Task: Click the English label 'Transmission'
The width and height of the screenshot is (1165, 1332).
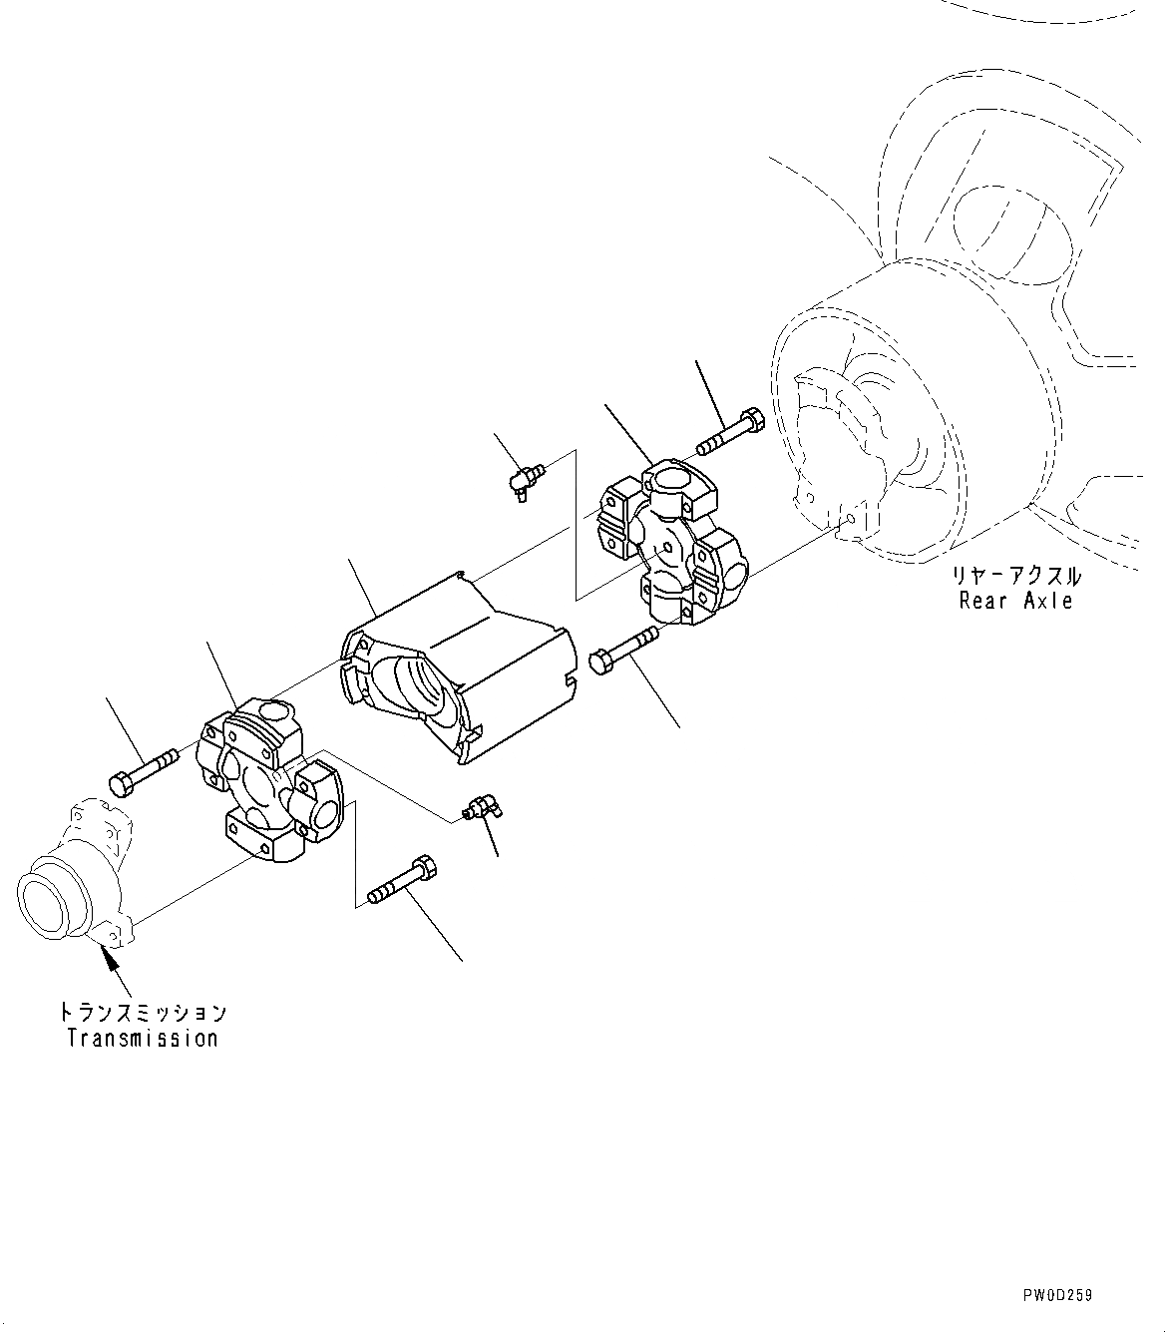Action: click(x=143, y=1038)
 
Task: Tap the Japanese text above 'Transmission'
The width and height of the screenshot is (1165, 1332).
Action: click(x=143, y=1013)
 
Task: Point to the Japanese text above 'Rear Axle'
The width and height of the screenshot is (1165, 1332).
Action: click(x=1015, y=576)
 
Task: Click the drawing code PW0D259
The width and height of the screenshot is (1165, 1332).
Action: click(x=1056, y=1295)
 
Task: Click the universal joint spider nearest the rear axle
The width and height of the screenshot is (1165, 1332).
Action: click(x=670, y=545)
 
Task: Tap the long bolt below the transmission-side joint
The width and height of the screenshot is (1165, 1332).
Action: click(x=401, y=877)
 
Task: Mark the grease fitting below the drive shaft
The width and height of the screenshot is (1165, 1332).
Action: click(x=481, y=807)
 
